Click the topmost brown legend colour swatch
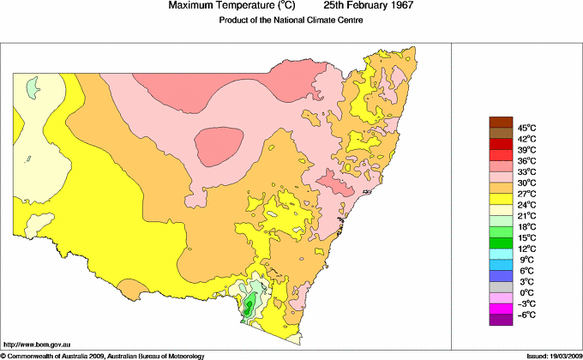pyautogui.click(x=500, y=122)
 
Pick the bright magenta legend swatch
pyautogui.click(x=500, y=308)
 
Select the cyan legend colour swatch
pyautogui.click(x=500, y=254)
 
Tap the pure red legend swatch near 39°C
pyautogui.click(x=500, y=144)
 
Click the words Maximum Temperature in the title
pyautogui.click(x=214, y=6)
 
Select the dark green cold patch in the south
pyautogui.click(x=249, y=307)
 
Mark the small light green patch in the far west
pyautogui.click(x=34, y=86)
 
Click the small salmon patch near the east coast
pyautogui.click(x=335, y=183)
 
